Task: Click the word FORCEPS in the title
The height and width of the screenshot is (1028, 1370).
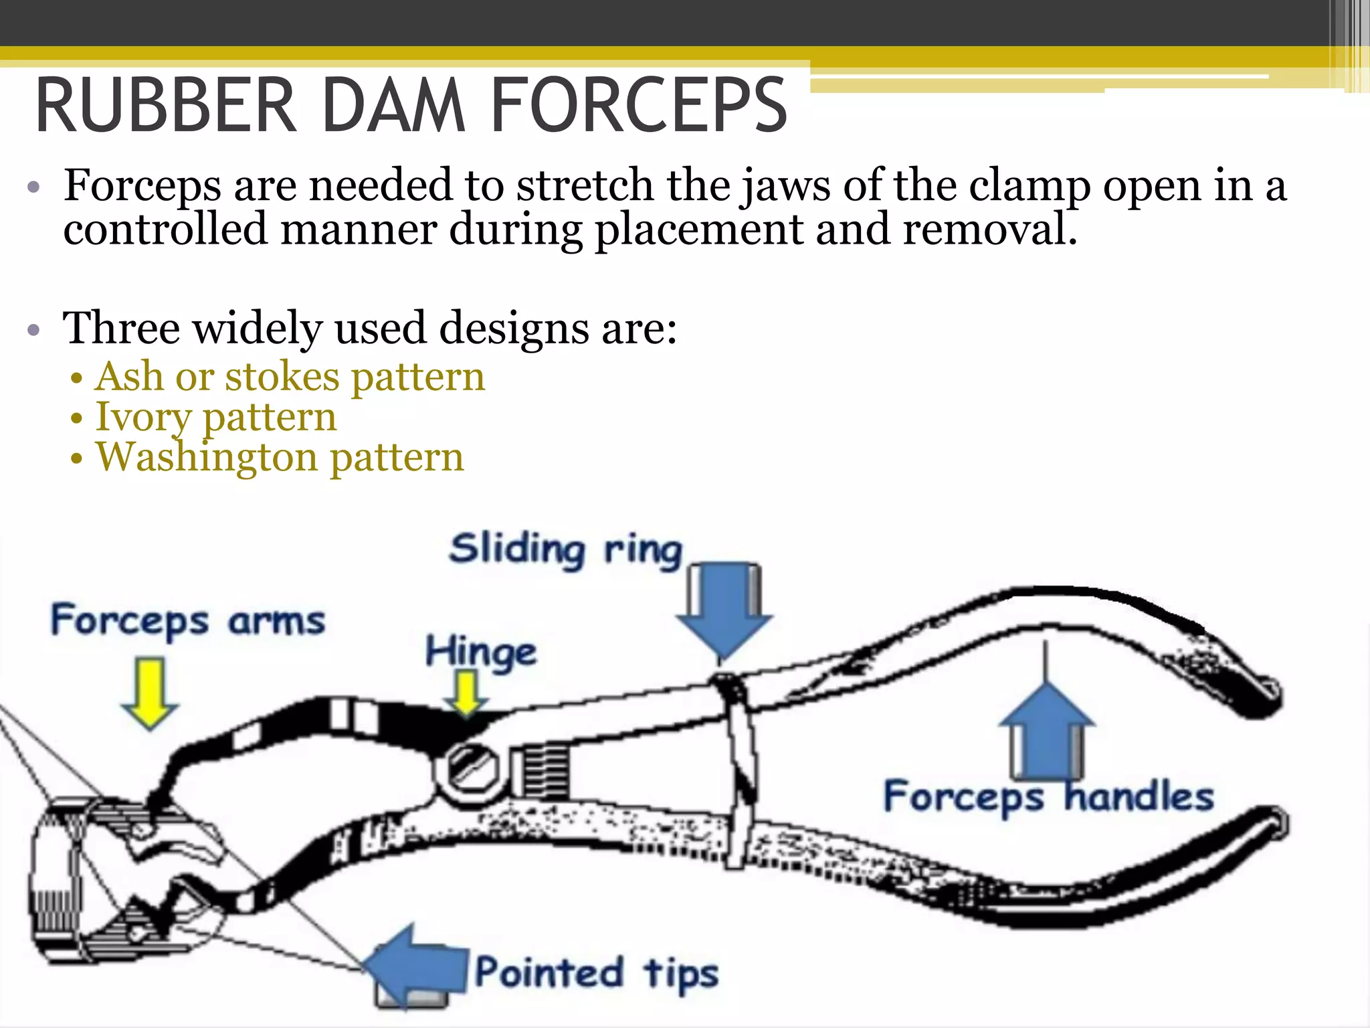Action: tap(638, 106)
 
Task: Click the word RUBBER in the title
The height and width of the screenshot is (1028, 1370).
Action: tap(166, 106)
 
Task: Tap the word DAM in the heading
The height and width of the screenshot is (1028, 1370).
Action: tap(393, 106)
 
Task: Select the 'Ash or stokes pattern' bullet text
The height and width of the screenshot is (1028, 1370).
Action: tap(290, 377)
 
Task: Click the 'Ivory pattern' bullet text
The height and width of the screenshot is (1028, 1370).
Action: tap(216, 417)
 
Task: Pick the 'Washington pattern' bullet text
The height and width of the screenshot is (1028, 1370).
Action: tap(280, 458)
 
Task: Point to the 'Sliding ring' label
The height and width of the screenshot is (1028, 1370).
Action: tap(565, 550)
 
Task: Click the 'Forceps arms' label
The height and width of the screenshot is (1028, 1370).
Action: tap(188, 620)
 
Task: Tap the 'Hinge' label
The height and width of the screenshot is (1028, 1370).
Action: tap(481, 652)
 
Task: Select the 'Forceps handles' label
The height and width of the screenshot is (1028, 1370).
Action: tap(1048, 796)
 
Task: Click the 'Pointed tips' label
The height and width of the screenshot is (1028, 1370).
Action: tap(597, 972)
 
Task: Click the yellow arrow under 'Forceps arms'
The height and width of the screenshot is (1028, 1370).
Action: tap(150, 693)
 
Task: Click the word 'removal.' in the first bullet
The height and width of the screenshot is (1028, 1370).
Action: tap(990, 230)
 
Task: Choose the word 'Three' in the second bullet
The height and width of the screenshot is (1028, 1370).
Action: tap(121, 328)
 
